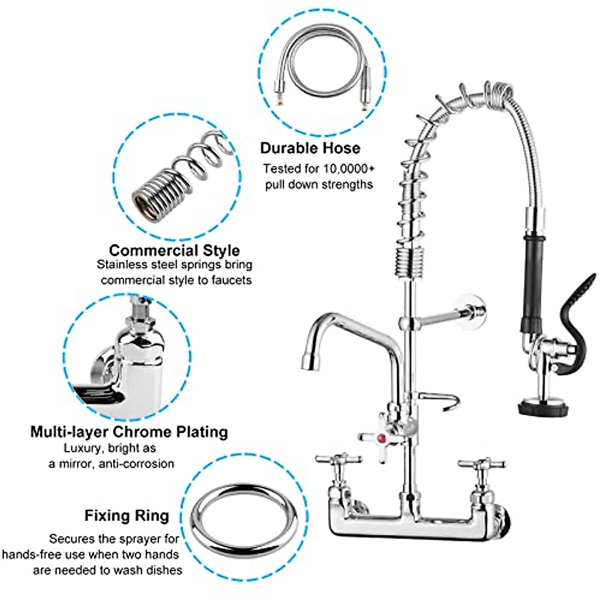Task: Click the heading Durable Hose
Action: click(310, 148)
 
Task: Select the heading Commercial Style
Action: click(174, 250)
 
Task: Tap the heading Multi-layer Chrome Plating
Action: click(129, 432)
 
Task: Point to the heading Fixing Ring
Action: click(127, 515)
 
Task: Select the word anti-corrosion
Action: click(136, 464)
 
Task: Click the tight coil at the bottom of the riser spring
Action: click(410, 263)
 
